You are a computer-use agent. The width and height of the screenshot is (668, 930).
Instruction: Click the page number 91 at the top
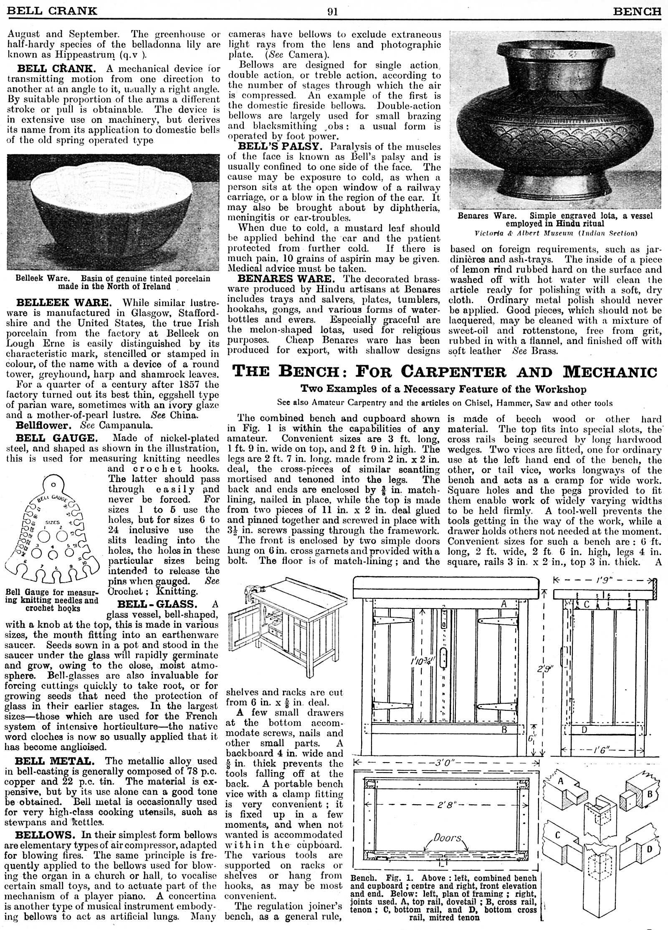point(332,12)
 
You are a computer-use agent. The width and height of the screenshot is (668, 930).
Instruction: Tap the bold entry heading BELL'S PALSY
point(279,147)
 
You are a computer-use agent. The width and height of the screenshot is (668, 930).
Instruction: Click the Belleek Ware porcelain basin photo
point(113,213)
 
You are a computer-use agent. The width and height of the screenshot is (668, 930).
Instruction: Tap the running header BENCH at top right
point(637,12)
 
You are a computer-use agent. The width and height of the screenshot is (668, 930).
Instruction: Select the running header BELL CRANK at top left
point(52,12)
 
